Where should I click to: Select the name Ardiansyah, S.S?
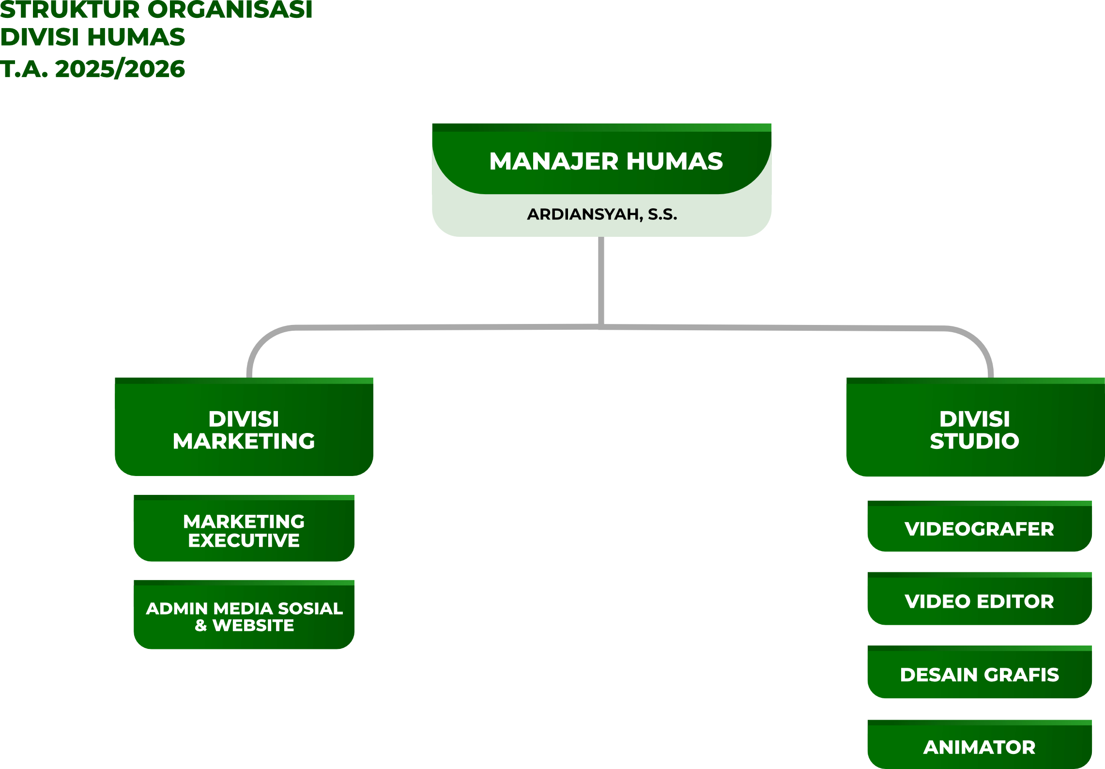602,214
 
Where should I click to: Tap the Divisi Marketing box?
244,427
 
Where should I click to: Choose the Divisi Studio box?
975,427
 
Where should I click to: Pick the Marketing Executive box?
244,528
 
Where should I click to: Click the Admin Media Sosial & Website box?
244,615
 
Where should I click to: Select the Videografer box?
980,526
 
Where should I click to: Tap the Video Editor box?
980,599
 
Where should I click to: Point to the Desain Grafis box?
980,672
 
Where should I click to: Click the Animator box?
980,744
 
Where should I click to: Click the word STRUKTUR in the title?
70,10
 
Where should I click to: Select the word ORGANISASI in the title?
230,10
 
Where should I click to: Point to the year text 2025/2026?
120,69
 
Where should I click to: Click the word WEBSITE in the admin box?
253,625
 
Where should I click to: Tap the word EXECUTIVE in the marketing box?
244,540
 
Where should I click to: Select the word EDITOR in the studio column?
1015,601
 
